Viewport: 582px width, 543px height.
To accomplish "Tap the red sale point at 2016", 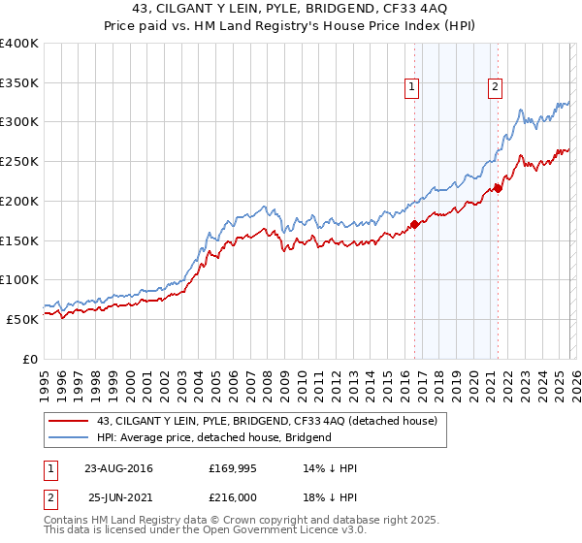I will [x=414, y=224].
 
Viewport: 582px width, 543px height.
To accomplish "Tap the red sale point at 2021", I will [x=498, y=188].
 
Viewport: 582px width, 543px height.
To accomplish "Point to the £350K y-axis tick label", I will [x=20, y=83].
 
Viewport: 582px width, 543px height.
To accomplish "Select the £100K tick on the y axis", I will [x=20, y=279].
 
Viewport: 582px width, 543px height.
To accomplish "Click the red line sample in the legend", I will [x=70, y=421].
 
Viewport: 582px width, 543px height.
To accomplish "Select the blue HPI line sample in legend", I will [x=70, y=437].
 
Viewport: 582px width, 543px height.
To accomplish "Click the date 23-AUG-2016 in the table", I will [x=117, y=468].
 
